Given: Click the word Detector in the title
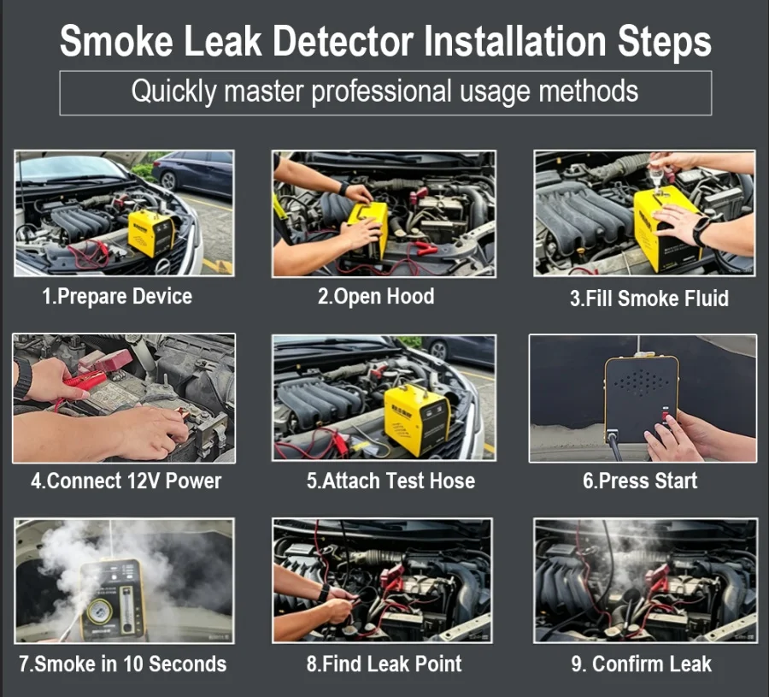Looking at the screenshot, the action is point(343,41).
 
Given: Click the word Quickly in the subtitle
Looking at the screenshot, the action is point(173,92).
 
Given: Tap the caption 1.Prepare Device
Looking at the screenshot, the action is point(117,297).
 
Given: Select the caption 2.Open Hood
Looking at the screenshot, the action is point(376,296).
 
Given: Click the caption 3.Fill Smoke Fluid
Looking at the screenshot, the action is point(649,298).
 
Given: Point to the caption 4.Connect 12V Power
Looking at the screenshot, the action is point(126,481).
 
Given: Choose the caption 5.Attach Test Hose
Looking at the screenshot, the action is point(390,481).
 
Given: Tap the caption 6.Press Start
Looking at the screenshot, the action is point(640,481).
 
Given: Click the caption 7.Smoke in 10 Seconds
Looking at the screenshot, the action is point(122,665).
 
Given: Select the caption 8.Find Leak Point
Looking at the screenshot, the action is point(384,665).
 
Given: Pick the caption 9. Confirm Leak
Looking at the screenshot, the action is point(641,665).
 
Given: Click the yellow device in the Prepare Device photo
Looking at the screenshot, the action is point(151,233).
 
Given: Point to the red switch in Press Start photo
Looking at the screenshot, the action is point(666,416).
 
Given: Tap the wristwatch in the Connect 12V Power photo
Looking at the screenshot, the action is point(22,379).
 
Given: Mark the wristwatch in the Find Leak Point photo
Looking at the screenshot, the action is point(323,594).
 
